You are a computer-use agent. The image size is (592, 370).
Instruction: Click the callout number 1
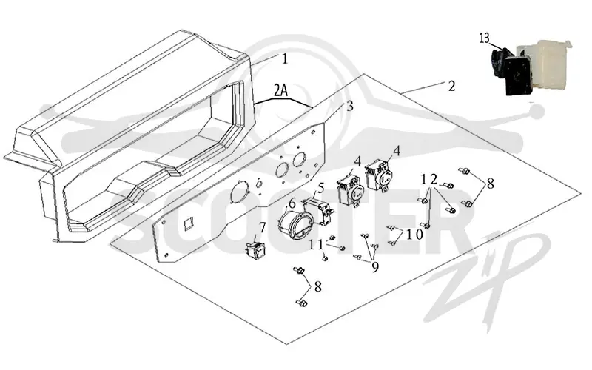tap(285, 59)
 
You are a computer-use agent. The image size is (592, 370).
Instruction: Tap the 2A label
tap(280, 90)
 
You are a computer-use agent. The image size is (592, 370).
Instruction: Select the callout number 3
tap(349, 106)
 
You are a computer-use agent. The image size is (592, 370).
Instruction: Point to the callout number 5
tap(321, 187)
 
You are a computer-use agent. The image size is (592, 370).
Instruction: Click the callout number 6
tap(292, 204)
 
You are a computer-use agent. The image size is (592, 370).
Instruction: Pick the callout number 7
tap(262, 228)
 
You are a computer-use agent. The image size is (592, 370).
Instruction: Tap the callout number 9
tap(375, 267)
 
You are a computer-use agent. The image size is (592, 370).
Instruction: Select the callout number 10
tap(414, 234)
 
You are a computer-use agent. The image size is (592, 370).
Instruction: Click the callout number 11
tap(317, 245)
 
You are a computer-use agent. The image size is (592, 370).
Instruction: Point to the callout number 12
tap(429, 179)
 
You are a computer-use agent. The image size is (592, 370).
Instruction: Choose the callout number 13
tap(485, 38)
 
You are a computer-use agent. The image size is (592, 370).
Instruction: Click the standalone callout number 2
tap(451, 86)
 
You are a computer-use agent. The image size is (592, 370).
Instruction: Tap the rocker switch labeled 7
tap(255, 249)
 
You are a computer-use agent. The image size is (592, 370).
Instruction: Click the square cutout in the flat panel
tap(189, 226)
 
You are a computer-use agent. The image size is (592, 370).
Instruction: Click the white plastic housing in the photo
tap(544, 64)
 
